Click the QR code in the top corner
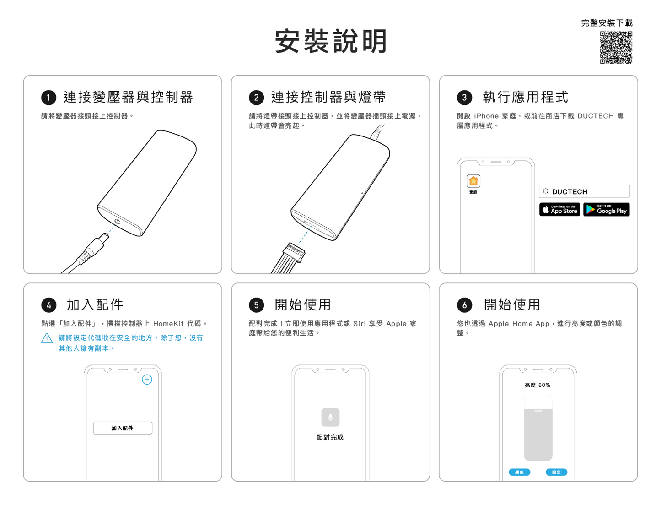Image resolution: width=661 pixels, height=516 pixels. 616,47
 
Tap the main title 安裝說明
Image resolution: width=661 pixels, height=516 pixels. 331,41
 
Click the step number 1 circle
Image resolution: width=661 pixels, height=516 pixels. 48,98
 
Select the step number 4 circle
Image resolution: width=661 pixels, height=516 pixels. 48,305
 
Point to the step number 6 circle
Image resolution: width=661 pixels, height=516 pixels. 464,305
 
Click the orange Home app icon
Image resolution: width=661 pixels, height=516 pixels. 473,181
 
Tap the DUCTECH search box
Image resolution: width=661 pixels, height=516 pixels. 584,191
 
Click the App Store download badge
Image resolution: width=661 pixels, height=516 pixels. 559,209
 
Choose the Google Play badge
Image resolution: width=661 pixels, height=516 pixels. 606,209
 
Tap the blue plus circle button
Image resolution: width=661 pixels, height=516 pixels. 147,379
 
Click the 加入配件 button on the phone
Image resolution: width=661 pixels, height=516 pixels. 123,428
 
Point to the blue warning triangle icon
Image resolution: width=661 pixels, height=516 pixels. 47,338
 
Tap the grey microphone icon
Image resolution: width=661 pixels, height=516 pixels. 330,417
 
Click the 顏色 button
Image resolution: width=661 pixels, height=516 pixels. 519,472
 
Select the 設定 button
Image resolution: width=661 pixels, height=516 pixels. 556,472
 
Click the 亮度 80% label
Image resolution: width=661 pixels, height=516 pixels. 537,385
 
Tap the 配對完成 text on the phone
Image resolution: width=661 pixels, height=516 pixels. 330,437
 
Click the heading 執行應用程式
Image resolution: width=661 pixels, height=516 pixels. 525,97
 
